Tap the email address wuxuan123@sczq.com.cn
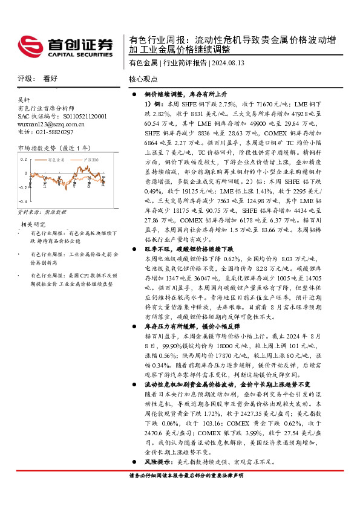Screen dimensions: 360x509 [51, 124]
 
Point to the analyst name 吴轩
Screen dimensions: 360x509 [24, 100]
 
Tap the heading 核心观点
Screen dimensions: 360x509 [143, 79]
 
